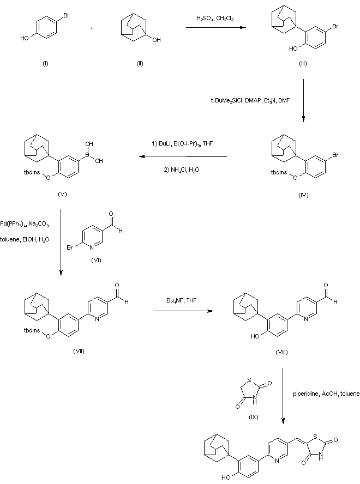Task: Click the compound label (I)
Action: (45, 64)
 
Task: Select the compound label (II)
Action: (140, 64)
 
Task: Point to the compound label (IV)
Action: (303, 195)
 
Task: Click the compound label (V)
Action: (62, 195)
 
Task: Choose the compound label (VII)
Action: (79, 350)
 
